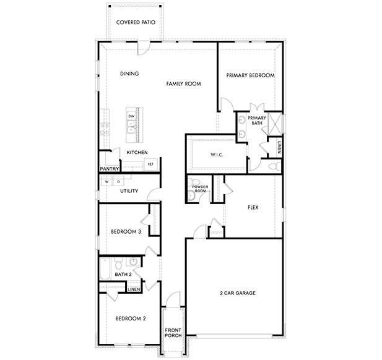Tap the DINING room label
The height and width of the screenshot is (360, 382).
tap(129, 74)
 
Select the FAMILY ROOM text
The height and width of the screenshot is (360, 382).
tap(184, 83)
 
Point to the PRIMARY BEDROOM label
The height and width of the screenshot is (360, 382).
tap(250, 75)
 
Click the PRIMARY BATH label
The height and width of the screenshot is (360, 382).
tap(257, 121)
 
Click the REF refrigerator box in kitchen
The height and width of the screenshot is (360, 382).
tap(150, 164)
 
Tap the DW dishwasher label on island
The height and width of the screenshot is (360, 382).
tap(131, 116)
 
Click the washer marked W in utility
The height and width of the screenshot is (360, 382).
tap(106, 182)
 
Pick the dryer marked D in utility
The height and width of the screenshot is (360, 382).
tap(118, 182)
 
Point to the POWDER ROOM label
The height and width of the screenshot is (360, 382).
tap(199, 189)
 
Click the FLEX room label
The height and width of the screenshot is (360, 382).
tap(253, 208)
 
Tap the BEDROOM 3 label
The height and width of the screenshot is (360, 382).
tap(126, 232)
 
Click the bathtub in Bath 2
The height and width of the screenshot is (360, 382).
tap(105, 270)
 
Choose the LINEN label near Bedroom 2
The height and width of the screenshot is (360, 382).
tap(133, 289)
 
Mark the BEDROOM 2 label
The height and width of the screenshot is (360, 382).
tap(131, 319)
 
